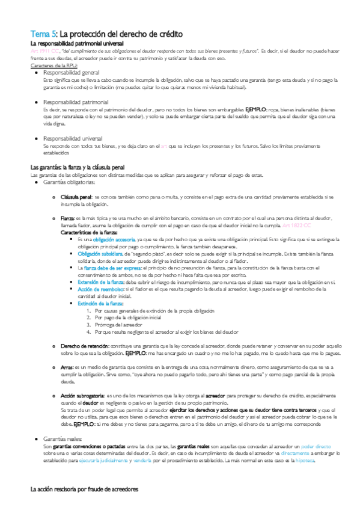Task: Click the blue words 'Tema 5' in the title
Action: click(44, 34)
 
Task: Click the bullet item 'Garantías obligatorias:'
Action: click(69, 182)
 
